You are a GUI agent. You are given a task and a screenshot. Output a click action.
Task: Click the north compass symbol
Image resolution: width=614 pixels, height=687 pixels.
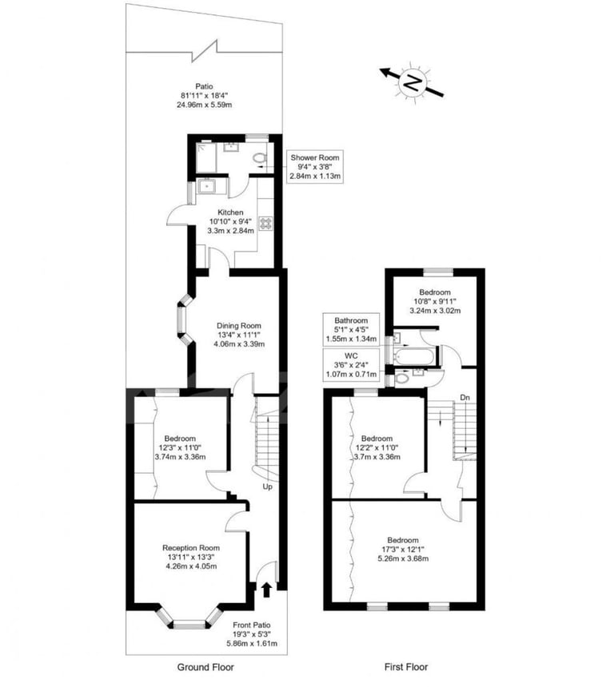pyautogui.click(x=413, y=81)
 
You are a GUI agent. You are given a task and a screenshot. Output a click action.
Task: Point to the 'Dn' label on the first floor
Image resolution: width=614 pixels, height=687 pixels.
pyautogui.click(x=464, y=397)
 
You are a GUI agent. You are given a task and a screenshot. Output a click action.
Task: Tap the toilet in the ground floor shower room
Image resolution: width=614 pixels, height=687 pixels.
pyautogui.click(x=258, y=158)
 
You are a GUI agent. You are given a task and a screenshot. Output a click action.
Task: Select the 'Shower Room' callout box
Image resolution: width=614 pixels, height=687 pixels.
pyautogui.click(x=316, y=166)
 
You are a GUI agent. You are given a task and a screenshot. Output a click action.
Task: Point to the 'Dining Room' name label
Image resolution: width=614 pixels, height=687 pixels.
pyautogui.click(x=239, y=325)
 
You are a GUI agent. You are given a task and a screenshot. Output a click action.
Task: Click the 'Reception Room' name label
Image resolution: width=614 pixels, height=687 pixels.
pyautogui.click(x=190, y=547)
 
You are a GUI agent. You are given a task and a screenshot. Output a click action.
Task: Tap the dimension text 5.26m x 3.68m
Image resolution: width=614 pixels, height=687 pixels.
pyautogui.click(x=404, y=558)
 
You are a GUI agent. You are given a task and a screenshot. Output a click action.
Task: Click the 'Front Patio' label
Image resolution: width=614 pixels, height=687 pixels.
pyautogui.click(x=252, y=625)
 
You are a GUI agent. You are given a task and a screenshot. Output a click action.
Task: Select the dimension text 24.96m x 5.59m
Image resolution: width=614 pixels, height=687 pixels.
pyautogui.click(x=205, y=105)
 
